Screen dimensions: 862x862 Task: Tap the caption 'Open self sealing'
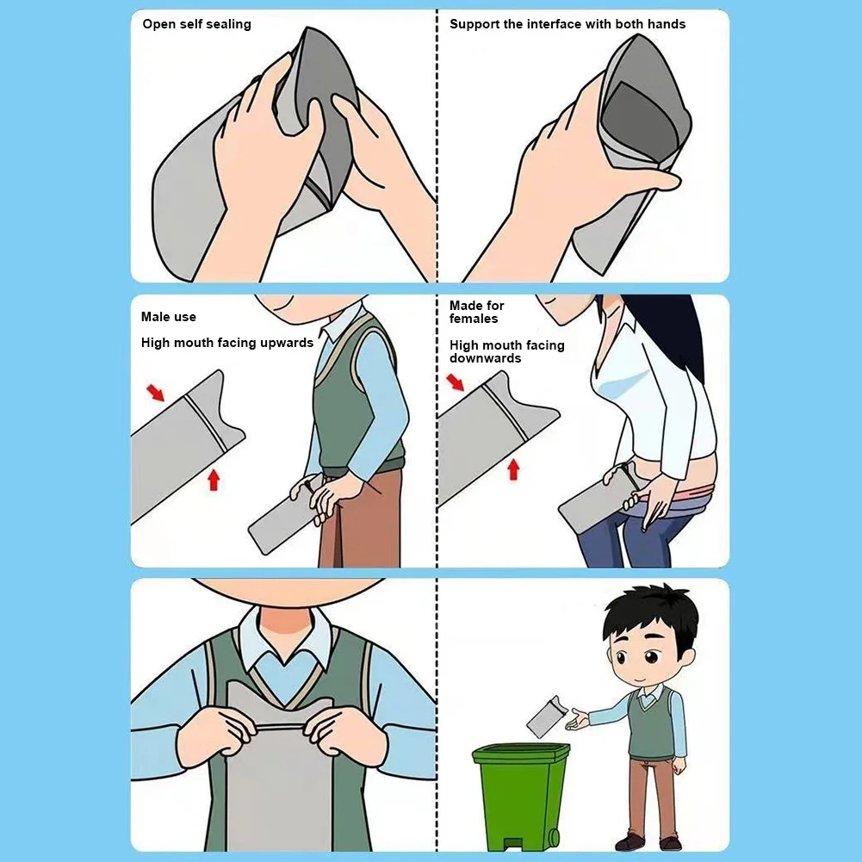(196, 24)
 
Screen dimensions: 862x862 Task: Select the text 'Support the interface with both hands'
(567, 24)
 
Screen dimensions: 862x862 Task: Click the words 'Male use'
(169, 317)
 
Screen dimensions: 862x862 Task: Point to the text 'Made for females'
(476, 312)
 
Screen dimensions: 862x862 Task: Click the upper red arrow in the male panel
(155, 393)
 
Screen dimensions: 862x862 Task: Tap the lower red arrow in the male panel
(214, 479)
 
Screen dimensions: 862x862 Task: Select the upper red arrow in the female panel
(455, 381)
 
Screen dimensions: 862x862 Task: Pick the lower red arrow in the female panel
(514, 468)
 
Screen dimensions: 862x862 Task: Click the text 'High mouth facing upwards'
(226, 343)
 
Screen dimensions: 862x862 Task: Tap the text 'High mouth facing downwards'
(506, 351)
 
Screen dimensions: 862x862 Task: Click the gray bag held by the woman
(594, 508)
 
